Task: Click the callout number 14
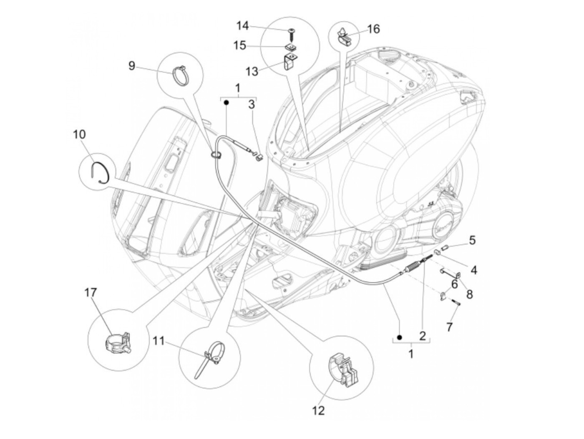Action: click(242, 26)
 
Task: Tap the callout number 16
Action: click(373, 29)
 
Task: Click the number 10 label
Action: click(79, 134)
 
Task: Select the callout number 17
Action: click(91, 293)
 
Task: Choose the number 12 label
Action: click(318, 411)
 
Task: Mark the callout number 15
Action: click(239, 45)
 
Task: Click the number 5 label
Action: click(472, 240)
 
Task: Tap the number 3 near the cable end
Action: click(252, 104)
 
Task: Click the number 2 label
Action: click(422, 336)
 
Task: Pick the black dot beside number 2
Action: click(399, 337)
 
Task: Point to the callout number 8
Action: click(470, 294)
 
